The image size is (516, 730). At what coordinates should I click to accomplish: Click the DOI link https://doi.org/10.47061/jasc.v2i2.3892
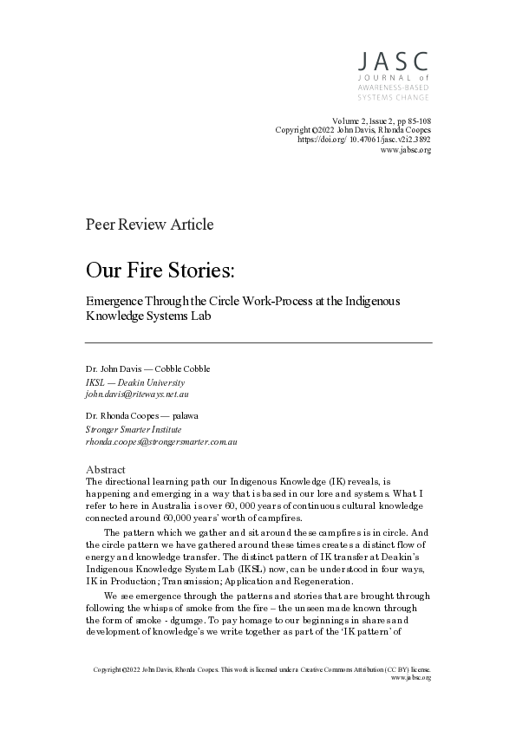[x=364, y=139]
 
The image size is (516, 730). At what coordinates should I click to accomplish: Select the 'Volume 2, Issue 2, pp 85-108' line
[x=381, y=119]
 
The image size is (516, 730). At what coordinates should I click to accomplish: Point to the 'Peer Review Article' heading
[x=149, y=225]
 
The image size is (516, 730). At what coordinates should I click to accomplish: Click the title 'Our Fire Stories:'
[x=160, y=270]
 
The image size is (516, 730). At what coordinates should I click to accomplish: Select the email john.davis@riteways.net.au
[x=139, y=393]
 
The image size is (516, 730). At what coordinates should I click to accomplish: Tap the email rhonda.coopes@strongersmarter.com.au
[x=161, y=441]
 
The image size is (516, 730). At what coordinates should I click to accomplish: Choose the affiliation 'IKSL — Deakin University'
[x=134, y=381]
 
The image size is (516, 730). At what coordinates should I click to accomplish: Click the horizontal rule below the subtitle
[x=258, y=343]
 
